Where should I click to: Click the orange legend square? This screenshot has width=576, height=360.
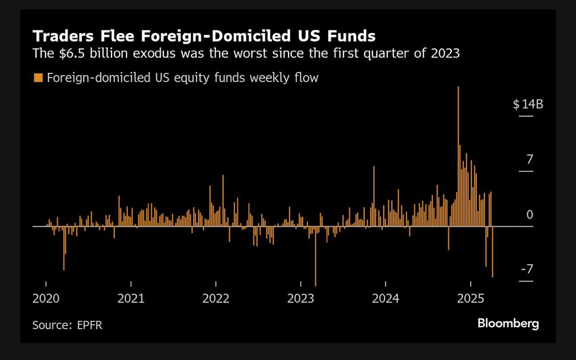click(x=38, y=78)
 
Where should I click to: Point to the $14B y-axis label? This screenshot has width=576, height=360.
click(x=528, y=105)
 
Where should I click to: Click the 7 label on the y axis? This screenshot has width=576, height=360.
click(x=530, y=159)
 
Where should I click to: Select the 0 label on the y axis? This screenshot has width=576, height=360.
click(x=530, y=215)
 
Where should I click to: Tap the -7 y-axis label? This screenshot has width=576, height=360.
click(x=527, y=269)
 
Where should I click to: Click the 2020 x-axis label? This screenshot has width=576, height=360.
click(x=46, y=299)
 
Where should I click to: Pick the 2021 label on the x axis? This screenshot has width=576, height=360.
click(x=131, y=299)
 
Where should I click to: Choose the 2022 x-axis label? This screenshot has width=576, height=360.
click(x=216, y=299)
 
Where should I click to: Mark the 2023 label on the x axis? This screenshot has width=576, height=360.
click(x=301, y=299)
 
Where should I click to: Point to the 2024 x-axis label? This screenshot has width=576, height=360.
click(x=386, y=299)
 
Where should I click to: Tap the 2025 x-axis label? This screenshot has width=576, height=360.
click(x=471, y=299)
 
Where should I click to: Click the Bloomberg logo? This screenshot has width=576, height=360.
click(x=508, y=323)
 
